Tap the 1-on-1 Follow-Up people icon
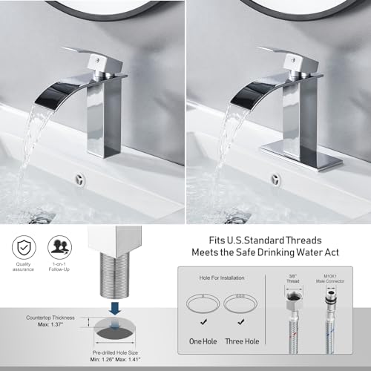(58, 246)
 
